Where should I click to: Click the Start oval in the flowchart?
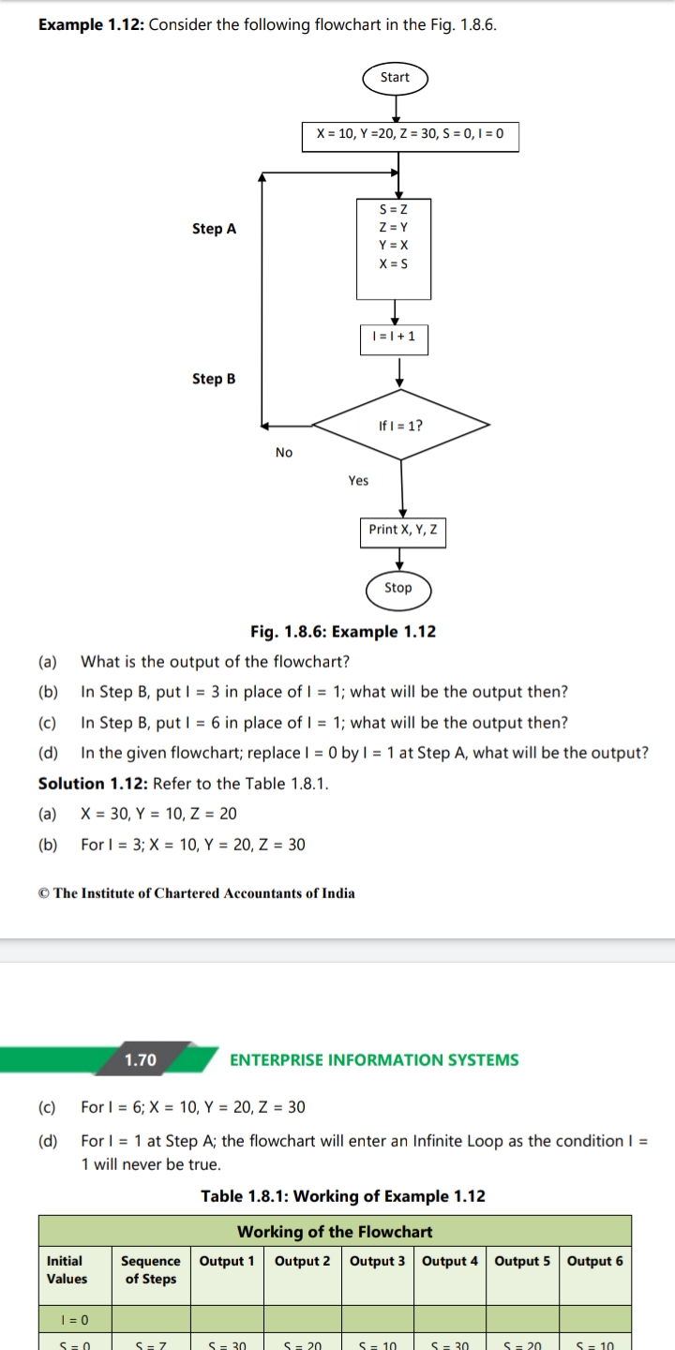pos(395,78)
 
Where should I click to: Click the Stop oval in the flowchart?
pos(397,588)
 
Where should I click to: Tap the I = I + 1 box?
pos(394,336)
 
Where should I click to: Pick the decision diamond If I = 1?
pos(400,425)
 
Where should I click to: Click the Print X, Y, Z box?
pos(401,530)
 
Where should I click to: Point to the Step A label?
pos(214,229)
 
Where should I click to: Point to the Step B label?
pos(214,379)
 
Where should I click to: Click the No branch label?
pos(284,453)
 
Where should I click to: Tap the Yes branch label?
pos(358,481)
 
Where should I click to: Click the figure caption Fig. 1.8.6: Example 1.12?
pos(342,632)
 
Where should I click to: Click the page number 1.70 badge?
pos(142,1060)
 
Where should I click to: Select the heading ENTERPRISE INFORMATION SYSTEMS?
pos(374,1060)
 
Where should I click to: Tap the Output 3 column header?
pos(377,1261)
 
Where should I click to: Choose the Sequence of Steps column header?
pos(151,1269)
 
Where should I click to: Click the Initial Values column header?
pos(67,1269)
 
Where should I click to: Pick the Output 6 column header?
pos(594,1261)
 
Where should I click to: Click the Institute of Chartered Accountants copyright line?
pos(197,893)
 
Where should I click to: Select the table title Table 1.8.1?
pos(342,1196)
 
